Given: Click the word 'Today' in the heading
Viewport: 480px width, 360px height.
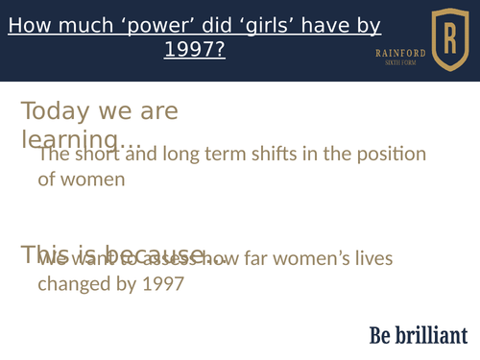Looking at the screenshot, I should [x=55, y=111].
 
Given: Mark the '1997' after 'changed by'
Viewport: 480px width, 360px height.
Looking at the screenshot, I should [x=162, y=283].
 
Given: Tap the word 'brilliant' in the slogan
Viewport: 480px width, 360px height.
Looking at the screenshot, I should [x=433, y=334].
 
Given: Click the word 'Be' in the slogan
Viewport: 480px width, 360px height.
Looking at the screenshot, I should [x=381, y=334].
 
